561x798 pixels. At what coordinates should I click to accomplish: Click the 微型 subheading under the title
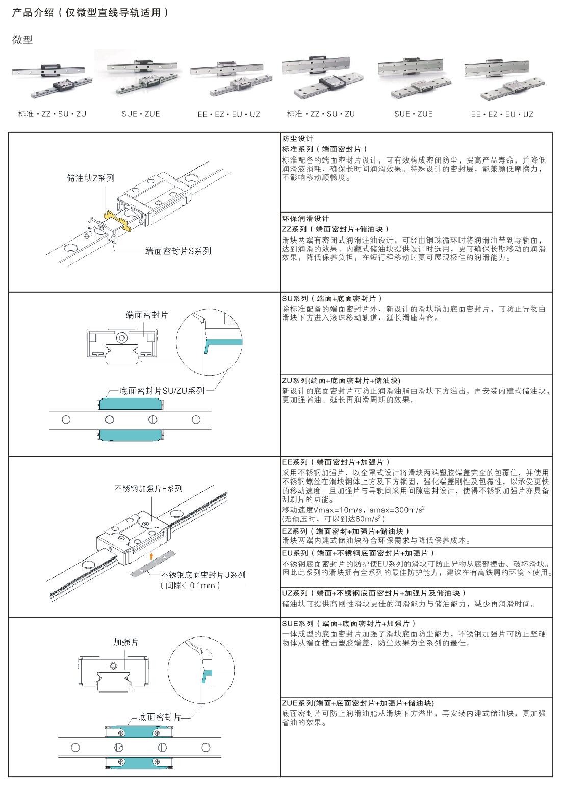point(22,40)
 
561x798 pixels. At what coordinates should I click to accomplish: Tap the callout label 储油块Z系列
point(91,178)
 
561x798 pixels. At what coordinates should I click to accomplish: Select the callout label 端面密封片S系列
point(178,251)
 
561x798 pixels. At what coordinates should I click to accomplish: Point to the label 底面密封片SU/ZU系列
point(162,391)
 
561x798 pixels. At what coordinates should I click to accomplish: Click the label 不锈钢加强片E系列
point(148,488)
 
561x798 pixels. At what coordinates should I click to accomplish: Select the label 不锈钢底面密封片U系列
point(203,575)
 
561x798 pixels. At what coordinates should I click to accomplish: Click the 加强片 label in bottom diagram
point(125,642)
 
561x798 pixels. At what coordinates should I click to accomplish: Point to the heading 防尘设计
point(298,139)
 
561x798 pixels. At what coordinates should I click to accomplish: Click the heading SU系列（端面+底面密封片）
point(331,299)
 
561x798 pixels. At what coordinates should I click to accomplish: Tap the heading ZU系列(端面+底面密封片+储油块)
point(341,380)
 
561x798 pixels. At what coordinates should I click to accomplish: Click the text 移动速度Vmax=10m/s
point(322,510)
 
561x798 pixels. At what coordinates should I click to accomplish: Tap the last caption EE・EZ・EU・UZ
point(502,115)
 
